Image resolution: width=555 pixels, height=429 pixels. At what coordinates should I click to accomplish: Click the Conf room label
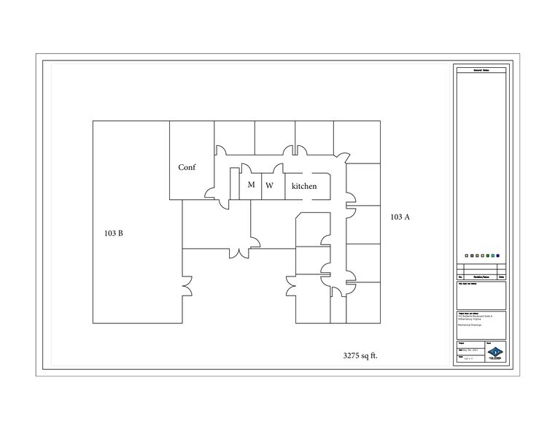187,168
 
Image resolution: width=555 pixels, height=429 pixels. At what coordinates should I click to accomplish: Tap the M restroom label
251,185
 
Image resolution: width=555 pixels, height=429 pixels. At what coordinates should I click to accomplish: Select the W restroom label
269,185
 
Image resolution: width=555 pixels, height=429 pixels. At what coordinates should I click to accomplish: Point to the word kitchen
304,187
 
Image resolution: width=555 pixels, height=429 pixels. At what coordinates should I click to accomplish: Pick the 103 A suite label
400,217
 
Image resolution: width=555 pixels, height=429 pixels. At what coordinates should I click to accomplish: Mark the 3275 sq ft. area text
360,356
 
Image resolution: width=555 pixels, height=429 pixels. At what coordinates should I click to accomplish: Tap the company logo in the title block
496,352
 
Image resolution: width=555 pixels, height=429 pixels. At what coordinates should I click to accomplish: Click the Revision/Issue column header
480,278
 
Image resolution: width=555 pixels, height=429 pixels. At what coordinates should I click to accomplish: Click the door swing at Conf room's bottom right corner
211,193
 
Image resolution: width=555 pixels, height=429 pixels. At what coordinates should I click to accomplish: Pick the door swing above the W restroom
299,150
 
